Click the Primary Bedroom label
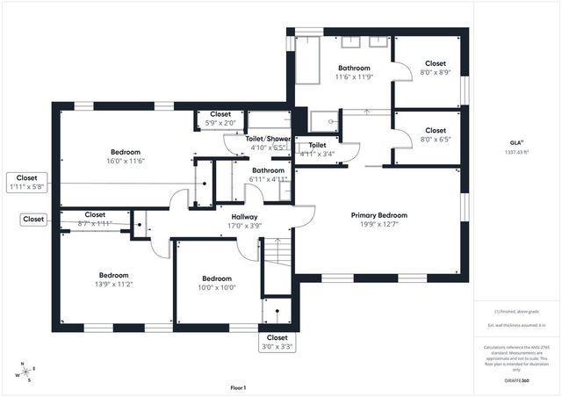pos(378,215)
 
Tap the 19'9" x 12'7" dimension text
pos(378,225)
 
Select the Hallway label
pos(244,217)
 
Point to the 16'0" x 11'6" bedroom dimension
pos(126,161)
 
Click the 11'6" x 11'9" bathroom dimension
pos(354,77)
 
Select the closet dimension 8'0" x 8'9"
pos(436,73)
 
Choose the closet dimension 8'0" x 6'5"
pos(436,139)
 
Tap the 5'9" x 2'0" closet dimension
pos(220,123)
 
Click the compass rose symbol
pos(28,372)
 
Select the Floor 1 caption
pos(238,387)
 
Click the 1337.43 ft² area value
pos(517,151)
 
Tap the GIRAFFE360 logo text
pos(517,380)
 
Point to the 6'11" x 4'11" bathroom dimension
pos(268,179)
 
